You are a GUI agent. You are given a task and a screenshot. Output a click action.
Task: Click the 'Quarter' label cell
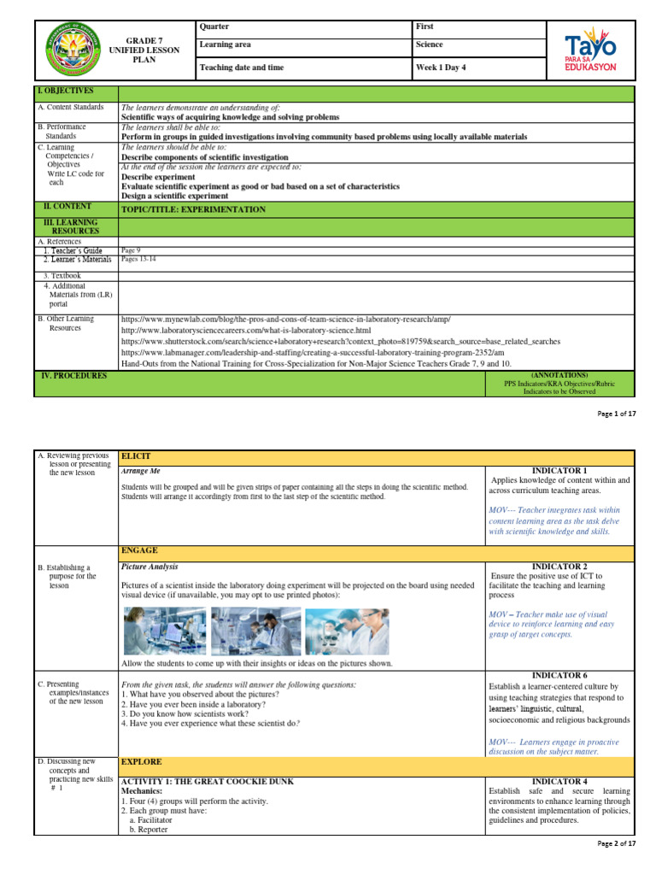(214, 26)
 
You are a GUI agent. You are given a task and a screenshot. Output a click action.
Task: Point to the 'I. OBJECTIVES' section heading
(66, 91)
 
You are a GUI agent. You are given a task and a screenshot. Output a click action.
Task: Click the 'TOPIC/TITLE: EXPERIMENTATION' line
(194, 208)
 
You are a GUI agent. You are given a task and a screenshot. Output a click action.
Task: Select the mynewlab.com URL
(286, 318)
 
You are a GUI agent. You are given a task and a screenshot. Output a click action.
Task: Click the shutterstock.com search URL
(341, 340)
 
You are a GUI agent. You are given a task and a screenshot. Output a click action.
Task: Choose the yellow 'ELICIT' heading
(135, 457)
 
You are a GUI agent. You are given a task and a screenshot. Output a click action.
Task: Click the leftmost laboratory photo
(164, 631)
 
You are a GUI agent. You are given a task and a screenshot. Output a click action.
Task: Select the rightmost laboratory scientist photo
(346, 631)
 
